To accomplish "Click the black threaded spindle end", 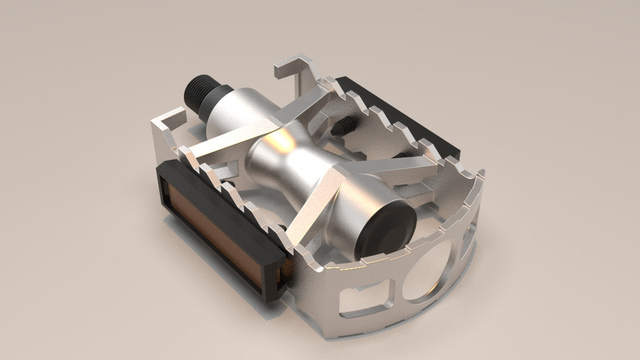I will coord(199,93).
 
